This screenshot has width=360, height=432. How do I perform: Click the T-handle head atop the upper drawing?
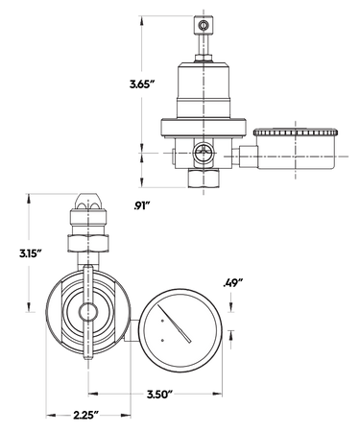204,21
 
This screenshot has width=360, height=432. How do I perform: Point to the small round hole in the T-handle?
204,21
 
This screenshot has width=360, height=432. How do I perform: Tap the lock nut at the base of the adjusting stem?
204,57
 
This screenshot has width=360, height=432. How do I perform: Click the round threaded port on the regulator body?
204,151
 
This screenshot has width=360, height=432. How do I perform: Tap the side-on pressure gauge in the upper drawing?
293,149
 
